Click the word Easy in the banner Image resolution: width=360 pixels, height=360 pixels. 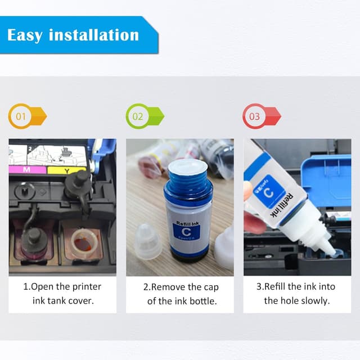25,35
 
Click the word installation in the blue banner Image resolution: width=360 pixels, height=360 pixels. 94,35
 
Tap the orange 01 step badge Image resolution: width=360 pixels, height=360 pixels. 28,116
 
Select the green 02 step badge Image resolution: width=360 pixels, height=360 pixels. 145,116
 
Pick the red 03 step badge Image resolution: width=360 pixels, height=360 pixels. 262,116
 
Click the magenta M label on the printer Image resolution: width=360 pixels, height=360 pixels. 27,170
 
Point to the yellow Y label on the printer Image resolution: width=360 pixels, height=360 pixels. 66,170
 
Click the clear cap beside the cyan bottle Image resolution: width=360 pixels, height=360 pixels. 147,241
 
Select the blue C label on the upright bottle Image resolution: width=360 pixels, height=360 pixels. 186,232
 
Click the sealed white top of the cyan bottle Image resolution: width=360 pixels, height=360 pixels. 188,168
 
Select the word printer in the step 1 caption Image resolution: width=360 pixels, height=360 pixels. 88,287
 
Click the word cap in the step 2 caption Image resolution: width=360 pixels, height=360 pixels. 211,287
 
